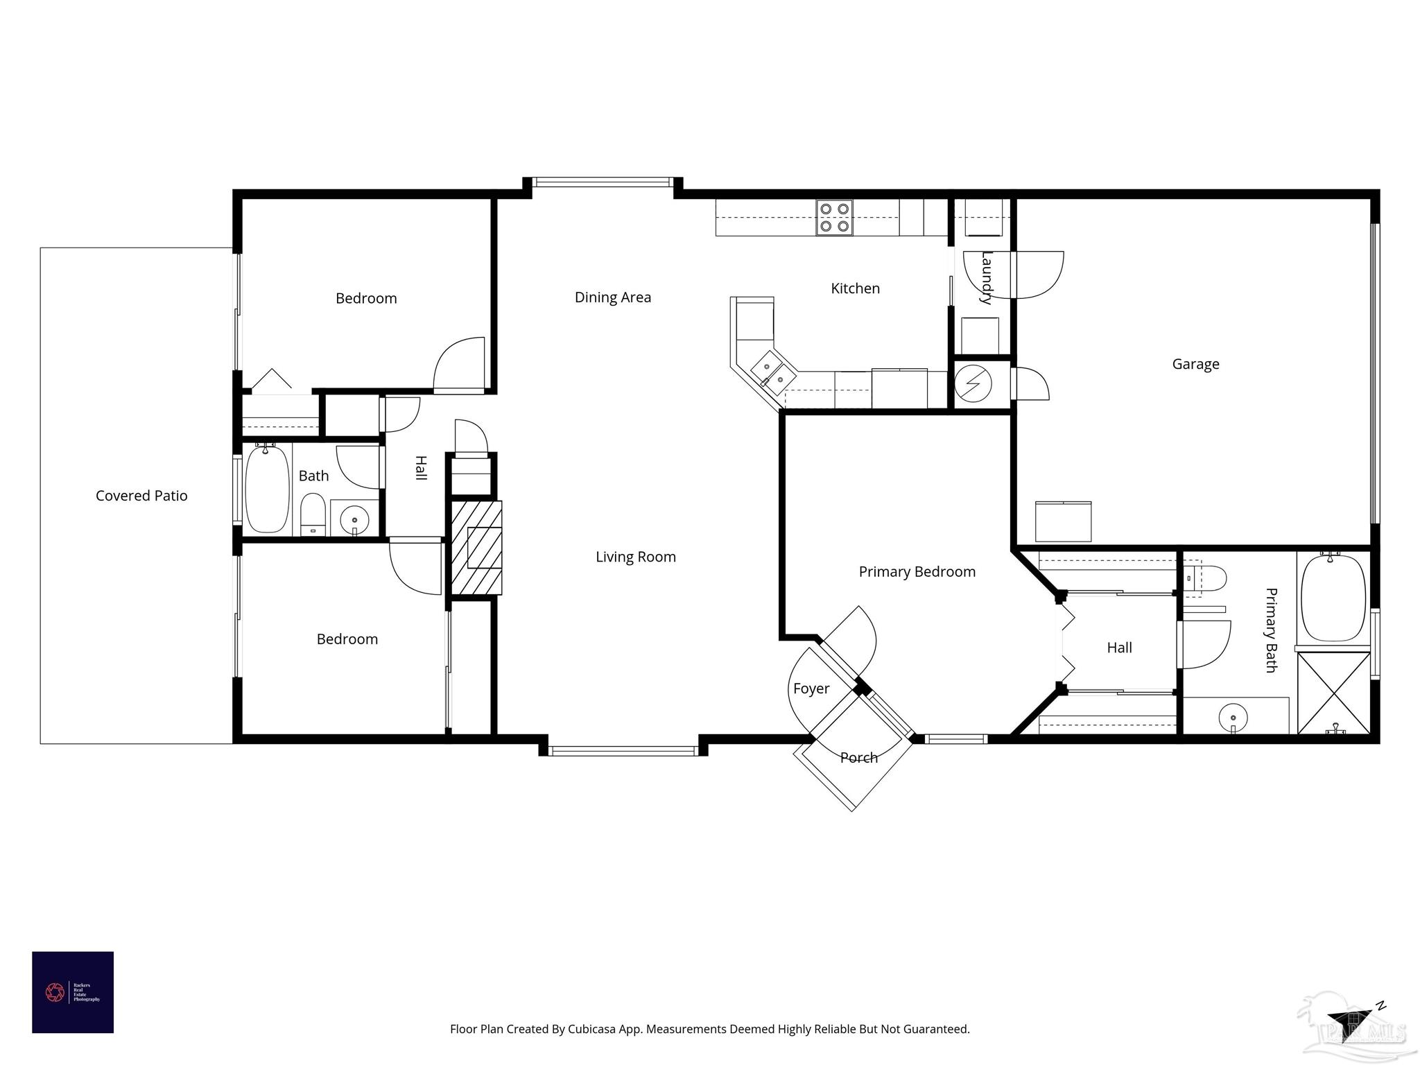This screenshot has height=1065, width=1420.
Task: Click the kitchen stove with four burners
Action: [834, 217]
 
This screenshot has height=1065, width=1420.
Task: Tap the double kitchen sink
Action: [770, 368]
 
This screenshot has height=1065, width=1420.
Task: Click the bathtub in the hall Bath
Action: [267, 490]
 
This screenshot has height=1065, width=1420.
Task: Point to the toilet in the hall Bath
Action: [313, 514]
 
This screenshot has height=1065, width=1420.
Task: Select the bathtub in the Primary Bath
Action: [1333, 598]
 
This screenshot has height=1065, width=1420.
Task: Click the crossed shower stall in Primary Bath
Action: [1333, 691]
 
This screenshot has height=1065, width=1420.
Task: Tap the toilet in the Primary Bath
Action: [1206, 577]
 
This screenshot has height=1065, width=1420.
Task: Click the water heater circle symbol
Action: [973, 382]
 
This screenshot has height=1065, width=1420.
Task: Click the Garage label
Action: [1195, 364]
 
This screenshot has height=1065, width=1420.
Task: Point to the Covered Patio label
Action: [141, 496]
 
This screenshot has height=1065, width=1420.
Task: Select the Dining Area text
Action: [612, 297]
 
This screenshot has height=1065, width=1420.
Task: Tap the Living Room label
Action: [635, 557]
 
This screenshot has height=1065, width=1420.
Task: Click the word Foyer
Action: [811, 689]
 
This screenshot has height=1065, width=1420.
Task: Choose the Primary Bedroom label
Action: [917, 572]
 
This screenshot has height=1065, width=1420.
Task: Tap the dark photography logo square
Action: [73, 992]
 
